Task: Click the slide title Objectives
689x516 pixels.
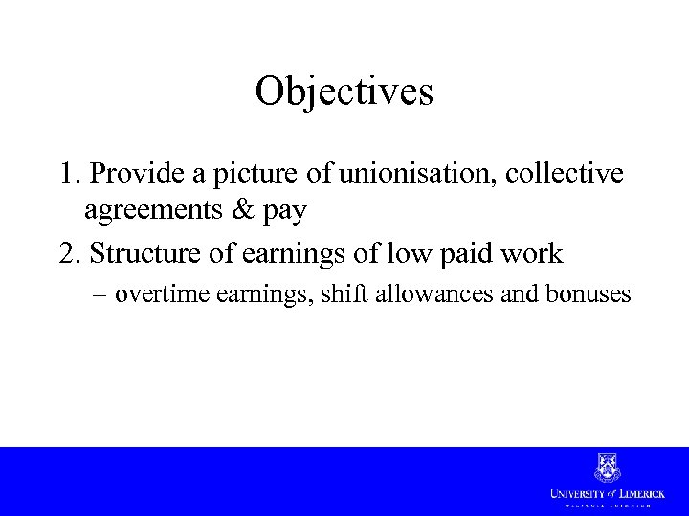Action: point(344,92)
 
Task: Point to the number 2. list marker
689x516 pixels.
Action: point(70,253)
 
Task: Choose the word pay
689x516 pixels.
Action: point(284,210)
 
